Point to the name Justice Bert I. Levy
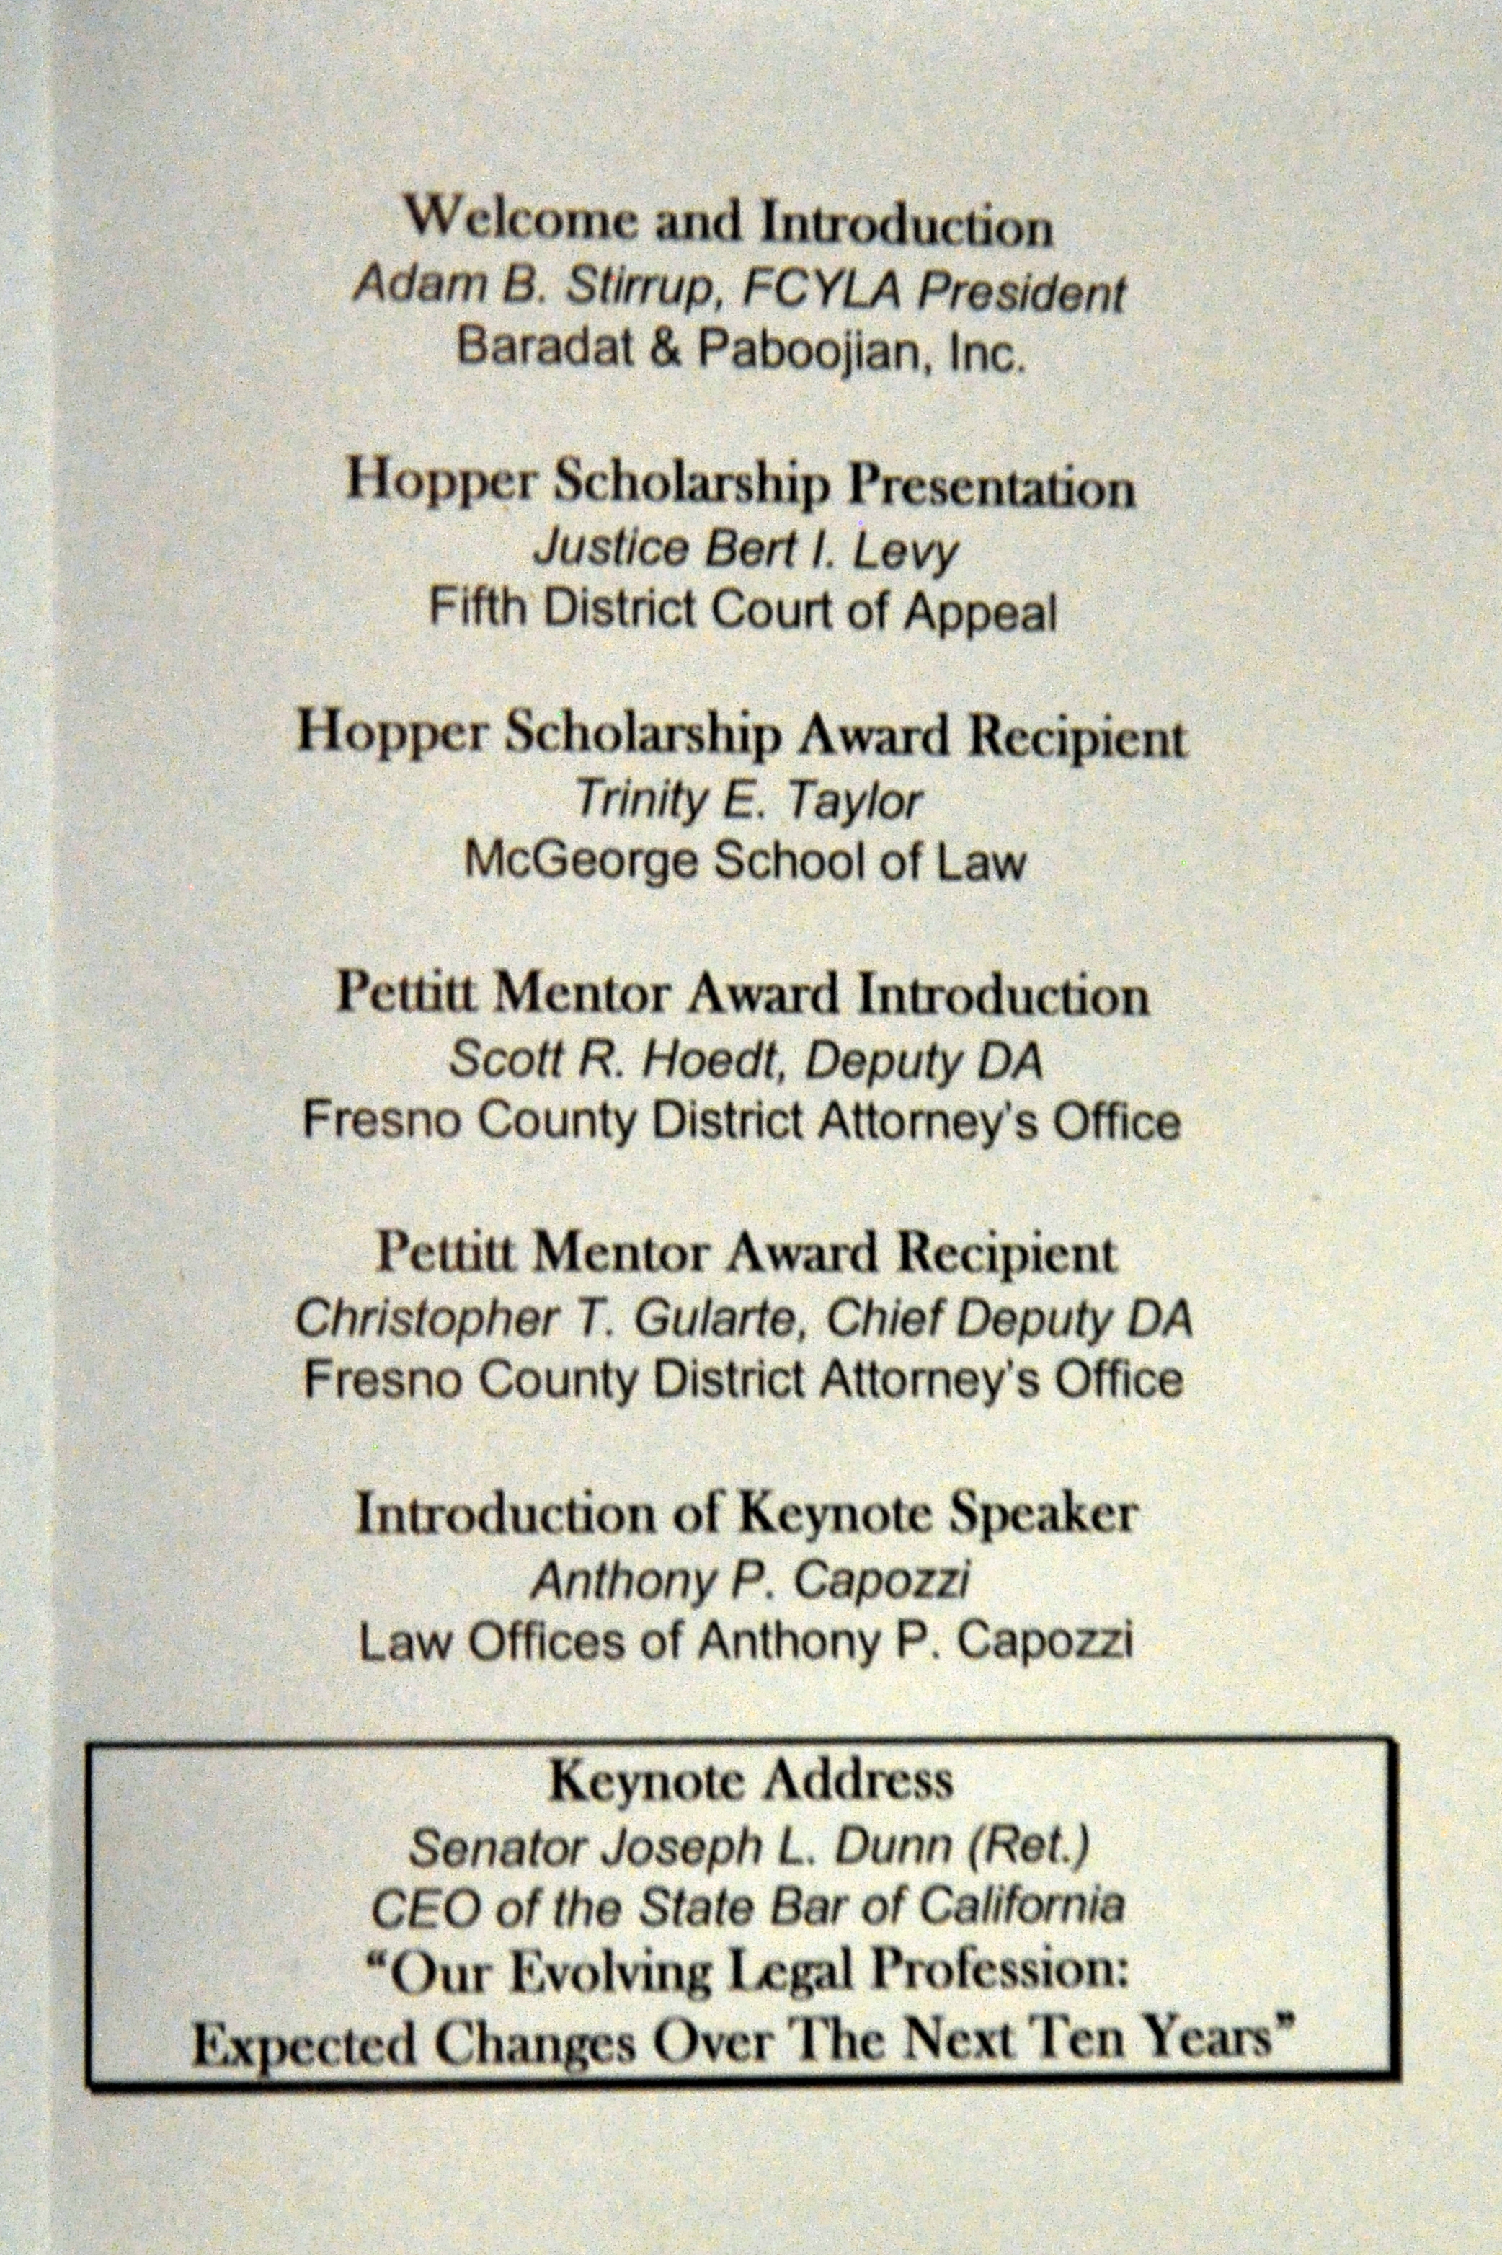click(x=745, y=550)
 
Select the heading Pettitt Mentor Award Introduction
click(x=742, y=996)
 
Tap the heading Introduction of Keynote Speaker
click(x=747, y=1514)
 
